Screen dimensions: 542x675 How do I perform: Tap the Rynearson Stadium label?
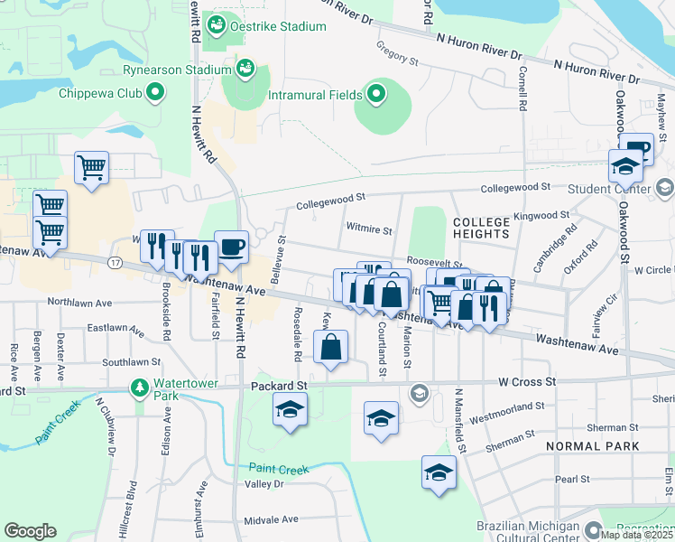[178, 70]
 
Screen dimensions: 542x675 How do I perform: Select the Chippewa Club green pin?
[155, 91]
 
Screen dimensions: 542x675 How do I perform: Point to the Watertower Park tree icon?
[139, 388]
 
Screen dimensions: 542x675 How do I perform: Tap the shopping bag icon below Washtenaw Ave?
[331, 347]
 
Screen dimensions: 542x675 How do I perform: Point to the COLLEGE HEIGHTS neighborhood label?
[481, 228]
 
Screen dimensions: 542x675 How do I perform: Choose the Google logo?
[31, 530]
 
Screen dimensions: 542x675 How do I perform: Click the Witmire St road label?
[369, 230]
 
